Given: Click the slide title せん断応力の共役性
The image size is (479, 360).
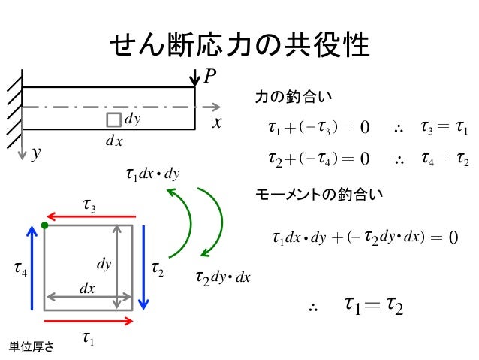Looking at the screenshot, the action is pyautogui.click(x=239, y=47).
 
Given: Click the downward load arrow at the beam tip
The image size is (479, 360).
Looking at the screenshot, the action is pyautogui.click(x=194, y=78).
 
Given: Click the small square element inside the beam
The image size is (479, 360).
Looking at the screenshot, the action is pyautogui.click(x=113, y=120).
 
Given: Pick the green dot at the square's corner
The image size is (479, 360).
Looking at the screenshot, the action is pyautogui.click(x=45, y=225).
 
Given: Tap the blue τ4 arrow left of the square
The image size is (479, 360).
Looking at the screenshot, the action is pyautogui.click(x=32, y=267).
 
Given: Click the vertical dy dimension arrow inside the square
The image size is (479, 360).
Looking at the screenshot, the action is pyautogui.click(x=117, y=267).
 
